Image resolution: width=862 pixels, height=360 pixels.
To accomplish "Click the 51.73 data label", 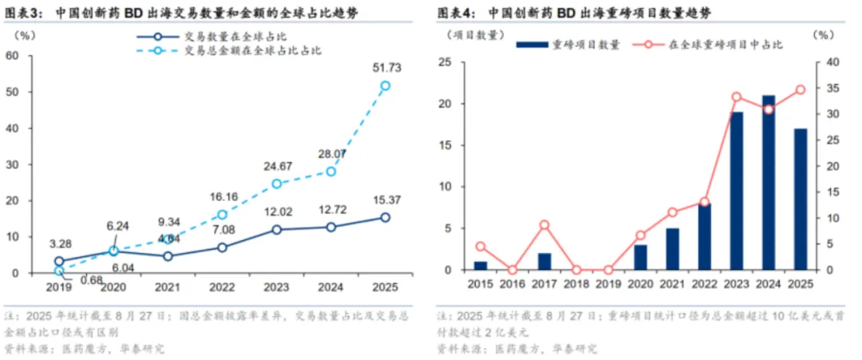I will pyautogui.click(x=386, y=69).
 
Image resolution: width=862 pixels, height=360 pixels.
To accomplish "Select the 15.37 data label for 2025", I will pyautogui.click(x=386, y=200).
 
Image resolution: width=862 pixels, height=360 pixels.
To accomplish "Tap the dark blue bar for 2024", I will pyautogui.click(x=769, y=183).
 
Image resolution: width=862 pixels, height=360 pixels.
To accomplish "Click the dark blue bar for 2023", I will pyautogui.click(x=736, y=191).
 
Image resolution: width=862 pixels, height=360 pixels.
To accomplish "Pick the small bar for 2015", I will pyautogui.click(x=480, y=266).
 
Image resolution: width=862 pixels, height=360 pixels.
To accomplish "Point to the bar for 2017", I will pyautogui.click(x=544, y=262).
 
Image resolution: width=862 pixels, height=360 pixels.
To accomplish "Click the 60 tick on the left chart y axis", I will pyautogui.click(x=13, y=55).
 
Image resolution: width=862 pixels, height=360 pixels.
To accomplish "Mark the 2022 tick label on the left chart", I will pyautogui.click(x=222, y=286).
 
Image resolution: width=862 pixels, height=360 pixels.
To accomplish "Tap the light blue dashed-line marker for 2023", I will pyautogui.click(x=277, y=184).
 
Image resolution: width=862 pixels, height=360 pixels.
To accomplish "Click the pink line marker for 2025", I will pyautogui.click(x=801, y=90).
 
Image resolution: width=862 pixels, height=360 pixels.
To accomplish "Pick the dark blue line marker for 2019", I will pyautogui.click(x=58, y=261).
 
